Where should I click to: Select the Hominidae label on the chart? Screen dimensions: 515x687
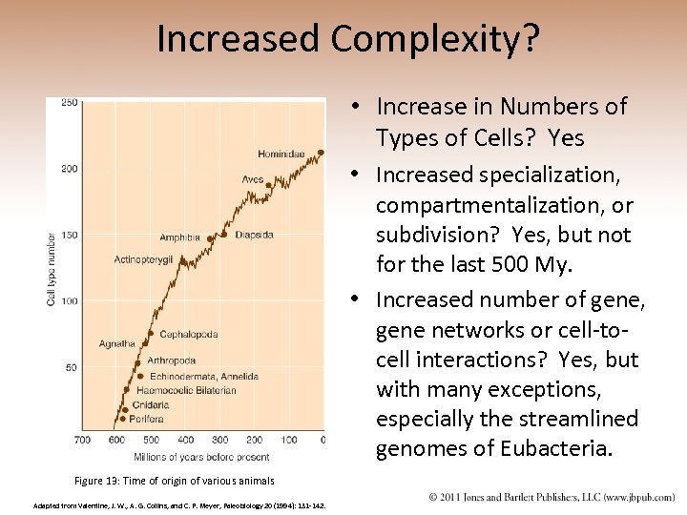pyautogui.click(x=282, y=154)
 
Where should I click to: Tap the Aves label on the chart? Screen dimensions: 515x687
pyautogui.click(x=252, y=179)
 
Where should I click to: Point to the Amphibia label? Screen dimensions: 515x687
pyautogui.click(x=179, y=237)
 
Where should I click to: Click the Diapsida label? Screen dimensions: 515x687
pyautogui.click(x=254, y=235)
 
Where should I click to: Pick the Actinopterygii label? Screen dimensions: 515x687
pyautogui.click(x=143, y=259)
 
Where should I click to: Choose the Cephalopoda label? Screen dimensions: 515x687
pyautogui.click(x=188, y=334)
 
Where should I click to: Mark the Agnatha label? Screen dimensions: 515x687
pyautogui.click(x=117, y=343)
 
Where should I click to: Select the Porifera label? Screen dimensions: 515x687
pyautogui.click(x=148, y=419)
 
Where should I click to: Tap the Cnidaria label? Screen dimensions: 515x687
pyautogui.click(x=150, y=404)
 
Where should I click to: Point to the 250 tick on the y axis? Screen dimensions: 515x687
pyautogui.click(x=69, y=103)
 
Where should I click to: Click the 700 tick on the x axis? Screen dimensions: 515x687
pyautogui.click(x=82, y=441)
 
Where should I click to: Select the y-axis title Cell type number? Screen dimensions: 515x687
pyautogui.click(x=51, y=270)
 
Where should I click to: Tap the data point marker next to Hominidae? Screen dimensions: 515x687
pyautogui.click(x=321, y=152)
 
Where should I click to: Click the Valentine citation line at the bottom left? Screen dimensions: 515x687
pyautogui.click(x=179, y=505)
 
